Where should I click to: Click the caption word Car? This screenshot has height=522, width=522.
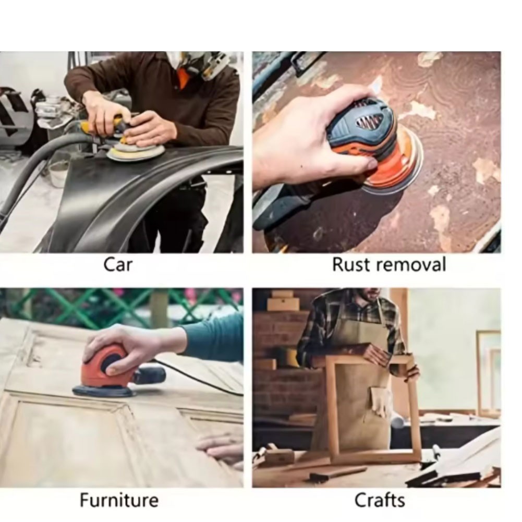[x=118, y=265]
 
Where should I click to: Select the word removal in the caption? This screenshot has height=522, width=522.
[x=411, y=265]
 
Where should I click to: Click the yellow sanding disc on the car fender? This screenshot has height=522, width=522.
[x=136, y=152]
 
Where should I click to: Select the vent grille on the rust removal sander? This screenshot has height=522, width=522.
[x=370, y=120]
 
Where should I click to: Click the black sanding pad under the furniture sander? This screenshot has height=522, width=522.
[x=103, y=391]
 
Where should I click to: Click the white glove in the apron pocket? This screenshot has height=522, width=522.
[x=381, y=401]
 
